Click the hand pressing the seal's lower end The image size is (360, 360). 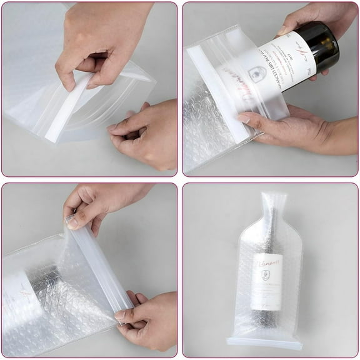[147, 322]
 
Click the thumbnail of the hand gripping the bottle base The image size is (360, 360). [283, 29]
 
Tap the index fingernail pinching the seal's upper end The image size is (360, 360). [72, 220]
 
